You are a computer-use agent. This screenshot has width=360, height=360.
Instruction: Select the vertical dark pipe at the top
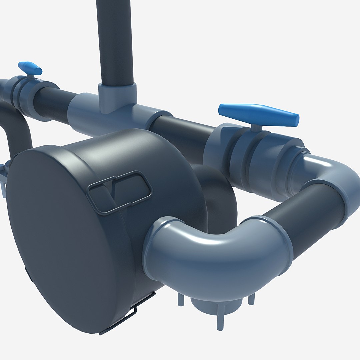point(115,40)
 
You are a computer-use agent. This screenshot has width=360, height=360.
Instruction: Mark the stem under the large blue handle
point(256,128)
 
